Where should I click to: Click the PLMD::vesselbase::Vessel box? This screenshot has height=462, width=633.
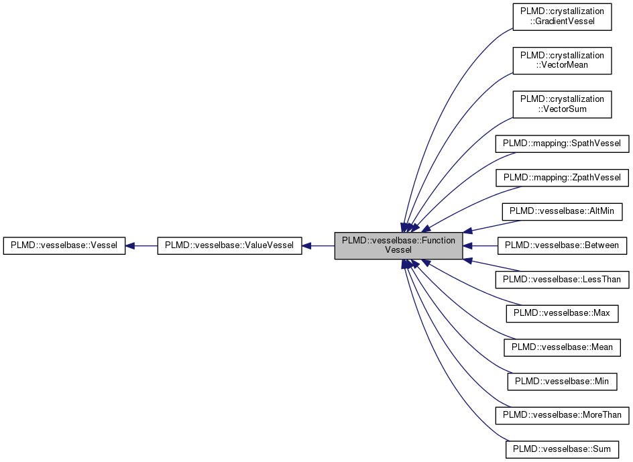click(64, 246)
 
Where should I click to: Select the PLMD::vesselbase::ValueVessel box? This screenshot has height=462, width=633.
click(229, 246)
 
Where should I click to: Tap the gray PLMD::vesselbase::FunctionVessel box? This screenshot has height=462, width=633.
click(398, 245)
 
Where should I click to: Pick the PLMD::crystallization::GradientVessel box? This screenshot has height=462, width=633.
click(562, 17)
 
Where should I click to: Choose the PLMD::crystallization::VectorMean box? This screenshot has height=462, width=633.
click(562, 60)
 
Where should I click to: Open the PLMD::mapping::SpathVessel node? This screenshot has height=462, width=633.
click(562, 143)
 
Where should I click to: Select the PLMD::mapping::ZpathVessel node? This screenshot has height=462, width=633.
click(562, 178)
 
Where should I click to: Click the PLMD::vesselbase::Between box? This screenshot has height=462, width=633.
click(562, 246)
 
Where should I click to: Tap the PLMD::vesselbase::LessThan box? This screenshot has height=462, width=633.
click(562, 280)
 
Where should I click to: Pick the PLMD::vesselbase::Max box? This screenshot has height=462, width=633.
click(562, 314)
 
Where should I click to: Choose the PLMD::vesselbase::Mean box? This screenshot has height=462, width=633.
click(562, 347)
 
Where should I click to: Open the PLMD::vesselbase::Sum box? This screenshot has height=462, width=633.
click(562, 449)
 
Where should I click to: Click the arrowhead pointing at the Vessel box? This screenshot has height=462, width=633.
click(131, 246)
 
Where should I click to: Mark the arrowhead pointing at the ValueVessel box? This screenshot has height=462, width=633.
click(306, 246)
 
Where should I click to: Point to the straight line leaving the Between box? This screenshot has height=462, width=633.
click(484, 246)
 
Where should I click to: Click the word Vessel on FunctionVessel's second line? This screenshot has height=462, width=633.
click(398, 250)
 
